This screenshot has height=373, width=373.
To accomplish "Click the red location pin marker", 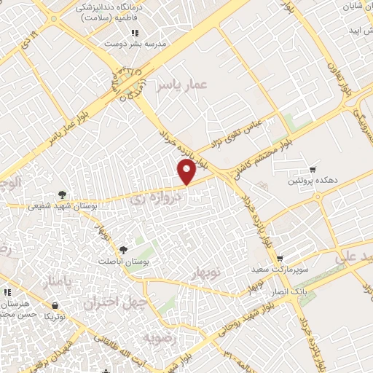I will [x=187, y=172].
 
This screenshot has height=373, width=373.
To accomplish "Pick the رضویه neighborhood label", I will [x=159, y=338].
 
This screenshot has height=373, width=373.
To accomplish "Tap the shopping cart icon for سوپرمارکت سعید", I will [x=280, y=259].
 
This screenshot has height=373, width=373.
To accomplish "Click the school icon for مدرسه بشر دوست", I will [x=134, y=33].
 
